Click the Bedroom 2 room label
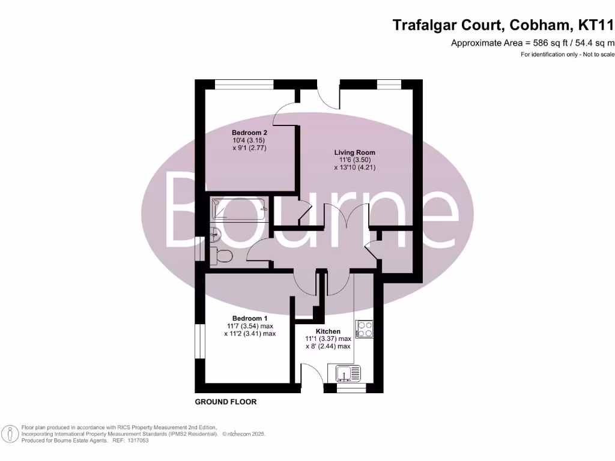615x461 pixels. [x=249, y=132]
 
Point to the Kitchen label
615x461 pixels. [x=328, y=331]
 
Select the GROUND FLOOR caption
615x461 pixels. [x=226, y=402]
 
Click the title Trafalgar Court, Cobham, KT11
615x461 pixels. [x=503, y=25]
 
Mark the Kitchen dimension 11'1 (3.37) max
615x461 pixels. [x=328, y=339]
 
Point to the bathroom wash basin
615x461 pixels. [x=216, y=234]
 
